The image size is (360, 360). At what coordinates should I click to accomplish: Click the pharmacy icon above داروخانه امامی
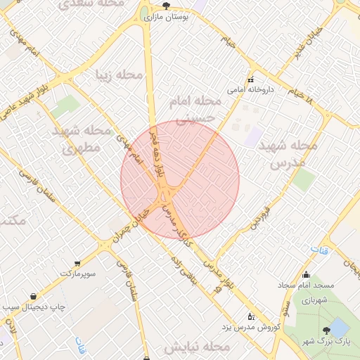[250, 79]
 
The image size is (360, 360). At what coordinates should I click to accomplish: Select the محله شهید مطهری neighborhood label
[82, 139]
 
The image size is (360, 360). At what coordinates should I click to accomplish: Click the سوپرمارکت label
[82, 272]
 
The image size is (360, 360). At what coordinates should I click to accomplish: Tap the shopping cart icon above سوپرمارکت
[78, 262]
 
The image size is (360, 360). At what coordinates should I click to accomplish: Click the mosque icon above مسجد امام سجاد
[306, 275]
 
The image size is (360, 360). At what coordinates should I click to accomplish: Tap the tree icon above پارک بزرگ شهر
[326, 330]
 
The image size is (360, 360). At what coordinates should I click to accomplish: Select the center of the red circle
[180, 179]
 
